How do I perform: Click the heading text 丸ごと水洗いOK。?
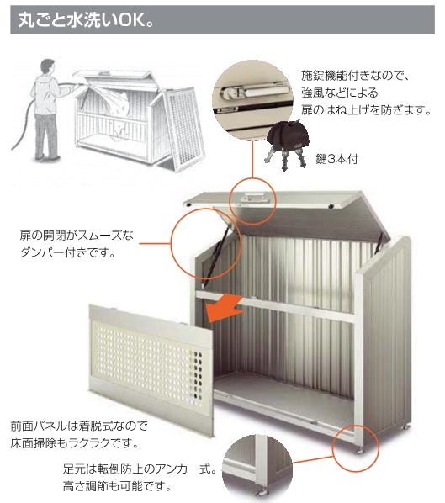[86, 20]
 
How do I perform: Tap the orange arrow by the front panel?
[225, 309]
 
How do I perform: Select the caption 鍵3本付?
[336, 159]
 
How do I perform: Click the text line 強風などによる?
[340, 93]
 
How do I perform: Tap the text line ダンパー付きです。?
[67, 253]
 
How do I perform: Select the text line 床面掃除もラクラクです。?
[75, 443]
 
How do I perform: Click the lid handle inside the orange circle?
[252, 199]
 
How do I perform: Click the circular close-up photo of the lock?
[252, 100]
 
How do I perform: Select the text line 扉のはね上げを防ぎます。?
[366, 110]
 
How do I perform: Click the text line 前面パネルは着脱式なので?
[79, 426]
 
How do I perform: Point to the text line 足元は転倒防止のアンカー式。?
[140, 469]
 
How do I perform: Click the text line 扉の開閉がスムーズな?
[77, 236]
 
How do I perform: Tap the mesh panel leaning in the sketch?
[183, 130]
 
